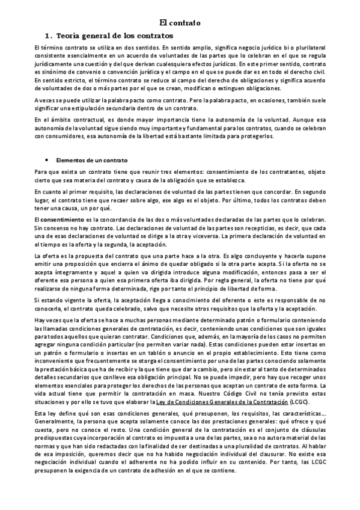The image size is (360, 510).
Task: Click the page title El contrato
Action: coord(180,23)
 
